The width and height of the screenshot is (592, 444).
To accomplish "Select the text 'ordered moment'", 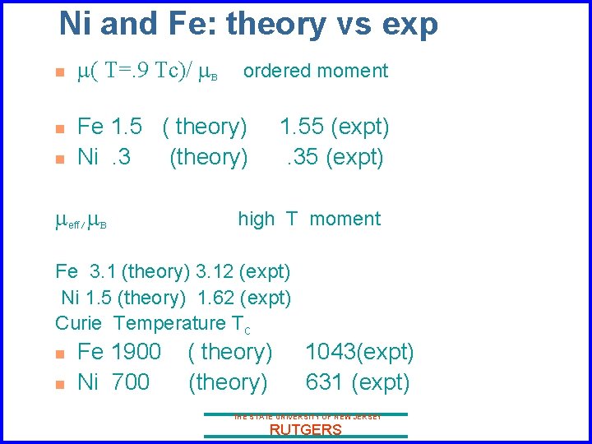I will [316, 72].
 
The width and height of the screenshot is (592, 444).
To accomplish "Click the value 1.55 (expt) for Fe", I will [334, 127].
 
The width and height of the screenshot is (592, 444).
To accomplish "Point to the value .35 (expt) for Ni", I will [334, 156].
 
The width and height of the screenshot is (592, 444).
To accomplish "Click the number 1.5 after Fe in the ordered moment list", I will [126, 127].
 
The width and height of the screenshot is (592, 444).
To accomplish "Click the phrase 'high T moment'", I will [309, 220].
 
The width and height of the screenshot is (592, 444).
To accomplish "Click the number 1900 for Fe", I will [136, 353].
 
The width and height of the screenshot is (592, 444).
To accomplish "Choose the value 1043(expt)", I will [359, 353].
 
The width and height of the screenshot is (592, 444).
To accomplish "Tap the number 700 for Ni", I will [131, 382].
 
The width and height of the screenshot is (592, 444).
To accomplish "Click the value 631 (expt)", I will [357, 382].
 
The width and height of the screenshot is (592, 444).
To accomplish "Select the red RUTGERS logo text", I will [305, 430].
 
